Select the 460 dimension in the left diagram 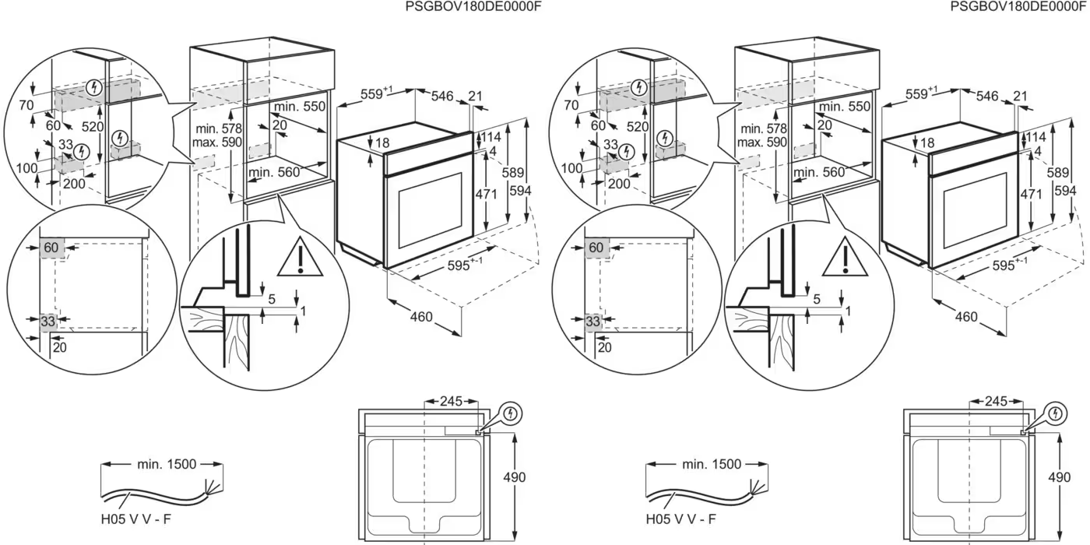(421, 317)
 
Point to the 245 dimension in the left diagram (451, 402)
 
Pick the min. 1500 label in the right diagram (712, 464)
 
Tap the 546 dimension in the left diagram (442, 96)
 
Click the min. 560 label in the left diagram (274, 172)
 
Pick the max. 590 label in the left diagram (219, 142)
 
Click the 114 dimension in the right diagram (1036, 137)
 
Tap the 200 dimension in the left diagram (74, 184)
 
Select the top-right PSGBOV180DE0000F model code (1018, 6)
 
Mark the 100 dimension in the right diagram (571, 168)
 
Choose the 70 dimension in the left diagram (26, 105)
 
